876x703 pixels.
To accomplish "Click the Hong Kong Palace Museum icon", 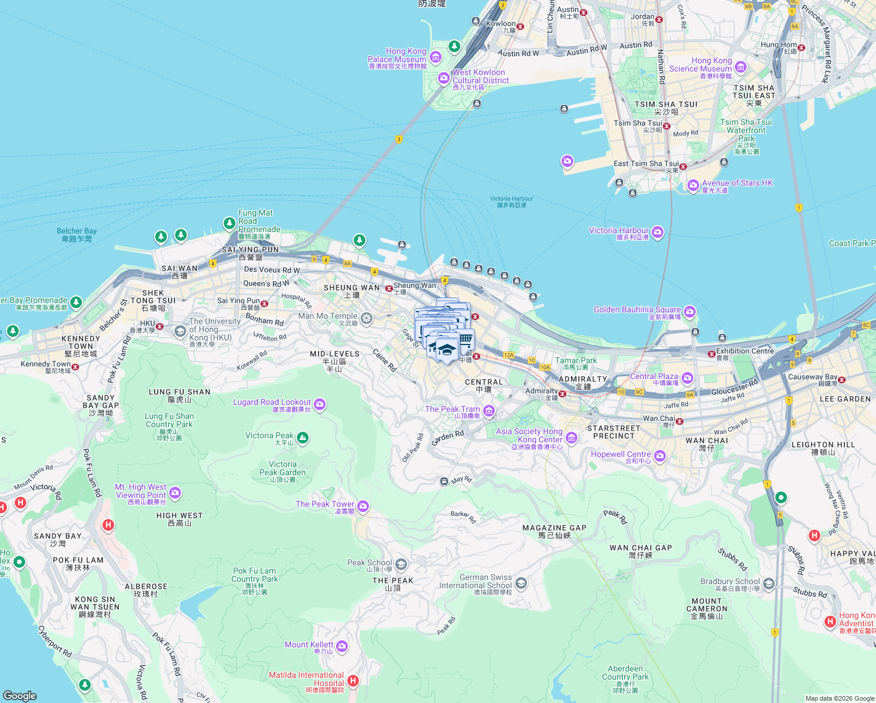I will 435,57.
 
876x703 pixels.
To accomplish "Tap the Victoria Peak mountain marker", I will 302,438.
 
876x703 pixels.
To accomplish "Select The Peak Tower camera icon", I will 363,506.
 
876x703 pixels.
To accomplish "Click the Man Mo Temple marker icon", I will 367,318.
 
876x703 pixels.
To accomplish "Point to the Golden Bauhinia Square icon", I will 689,311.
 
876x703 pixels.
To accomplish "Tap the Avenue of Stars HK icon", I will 693,186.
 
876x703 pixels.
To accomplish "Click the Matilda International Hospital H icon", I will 353,681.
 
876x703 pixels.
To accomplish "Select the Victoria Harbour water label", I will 511,202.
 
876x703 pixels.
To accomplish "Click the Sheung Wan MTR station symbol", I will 389,288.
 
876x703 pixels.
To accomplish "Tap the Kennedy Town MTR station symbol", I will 75,367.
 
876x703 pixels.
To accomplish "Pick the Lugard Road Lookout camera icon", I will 320,404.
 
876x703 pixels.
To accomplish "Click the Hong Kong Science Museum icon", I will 741,67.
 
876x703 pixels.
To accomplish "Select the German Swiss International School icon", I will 521,583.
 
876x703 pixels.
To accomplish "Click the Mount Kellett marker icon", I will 342,647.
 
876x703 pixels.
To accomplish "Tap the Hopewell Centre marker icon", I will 660,456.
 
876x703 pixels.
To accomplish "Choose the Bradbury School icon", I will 769,583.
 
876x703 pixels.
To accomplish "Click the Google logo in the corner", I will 20,695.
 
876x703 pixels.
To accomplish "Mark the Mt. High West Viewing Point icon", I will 175,493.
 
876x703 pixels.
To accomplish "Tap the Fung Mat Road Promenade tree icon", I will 230,223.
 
